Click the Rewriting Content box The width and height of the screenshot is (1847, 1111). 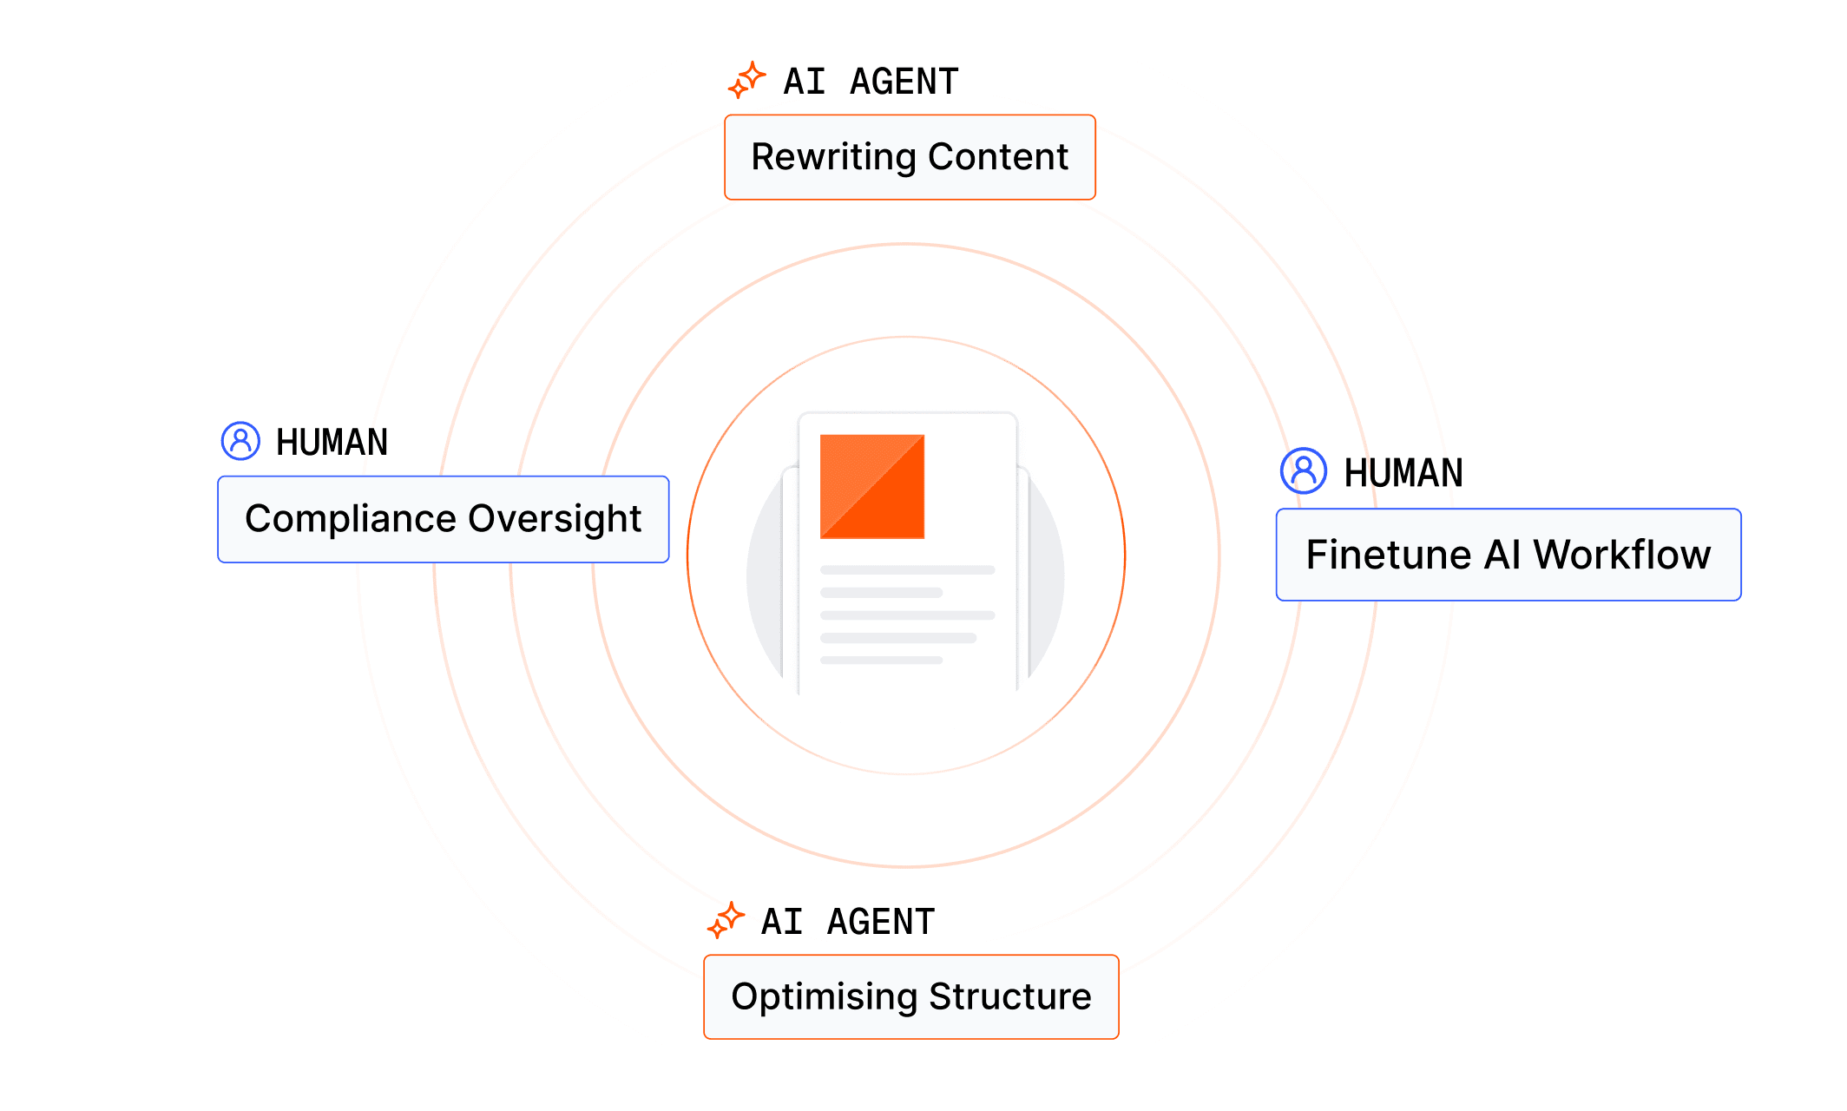pos(910,157)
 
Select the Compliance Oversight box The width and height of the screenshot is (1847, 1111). pos(443,519)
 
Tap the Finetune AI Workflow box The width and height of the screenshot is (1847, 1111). pos(1508,555)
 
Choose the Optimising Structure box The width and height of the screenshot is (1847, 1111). pos(911,996)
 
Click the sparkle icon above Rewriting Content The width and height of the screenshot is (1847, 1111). pos(746,80)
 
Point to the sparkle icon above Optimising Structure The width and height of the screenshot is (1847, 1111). pos(726,920)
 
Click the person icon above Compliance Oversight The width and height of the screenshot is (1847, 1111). pos(240,441)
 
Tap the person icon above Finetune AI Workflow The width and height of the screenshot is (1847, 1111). pos(1303,471)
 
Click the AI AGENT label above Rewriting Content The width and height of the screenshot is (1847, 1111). pos(871,82)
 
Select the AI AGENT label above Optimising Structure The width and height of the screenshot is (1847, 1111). pos(848,922)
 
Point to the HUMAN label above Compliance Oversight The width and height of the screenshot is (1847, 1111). pos(332,443)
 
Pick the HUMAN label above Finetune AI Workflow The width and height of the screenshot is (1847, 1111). pos(1403,473)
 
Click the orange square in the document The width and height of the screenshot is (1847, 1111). pos(872,486)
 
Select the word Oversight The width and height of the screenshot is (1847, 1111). pos(555,519)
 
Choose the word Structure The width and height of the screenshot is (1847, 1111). pos(1009,996)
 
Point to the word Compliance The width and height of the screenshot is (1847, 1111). pos(351,519)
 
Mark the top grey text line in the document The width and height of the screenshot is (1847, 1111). pos(907,570)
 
